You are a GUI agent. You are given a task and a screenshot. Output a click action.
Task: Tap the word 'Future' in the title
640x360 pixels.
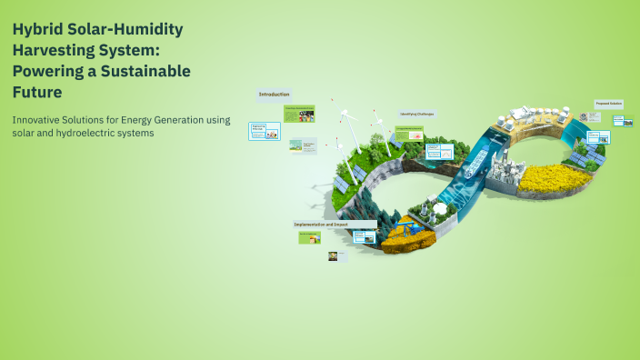click(36, 92)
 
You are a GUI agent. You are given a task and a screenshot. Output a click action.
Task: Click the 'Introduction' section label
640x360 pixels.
click(274, 95)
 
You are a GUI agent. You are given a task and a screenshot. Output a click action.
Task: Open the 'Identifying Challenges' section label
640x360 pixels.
click(416, 114)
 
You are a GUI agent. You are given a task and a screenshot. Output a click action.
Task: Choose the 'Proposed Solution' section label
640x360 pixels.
click(608, 104)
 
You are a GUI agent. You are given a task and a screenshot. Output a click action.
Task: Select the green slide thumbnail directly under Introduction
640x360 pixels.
click(299, 114)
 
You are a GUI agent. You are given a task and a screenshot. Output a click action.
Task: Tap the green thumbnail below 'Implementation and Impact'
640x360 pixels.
click(310, 237)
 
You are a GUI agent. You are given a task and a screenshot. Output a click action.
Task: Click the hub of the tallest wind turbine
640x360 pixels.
click(345, 117)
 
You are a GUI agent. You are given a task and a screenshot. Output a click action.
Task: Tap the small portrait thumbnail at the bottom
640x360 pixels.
click(333, 256)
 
